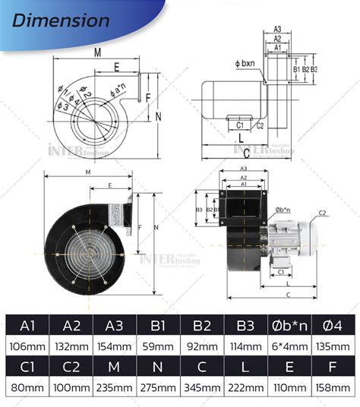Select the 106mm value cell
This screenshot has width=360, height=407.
(28, 346)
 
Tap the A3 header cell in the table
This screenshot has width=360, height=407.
(115, 326)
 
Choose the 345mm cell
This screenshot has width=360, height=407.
(202, 387)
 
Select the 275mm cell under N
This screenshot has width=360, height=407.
(158, 387)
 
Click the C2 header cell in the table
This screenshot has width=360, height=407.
(71, 367)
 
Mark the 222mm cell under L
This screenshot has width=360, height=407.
(245, 387)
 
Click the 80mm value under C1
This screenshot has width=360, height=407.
(28, 387)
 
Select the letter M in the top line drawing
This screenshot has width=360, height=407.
(98, 52)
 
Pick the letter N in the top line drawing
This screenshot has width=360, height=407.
(158, 116)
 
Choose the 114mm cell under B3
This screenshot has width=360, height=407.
(245, 346)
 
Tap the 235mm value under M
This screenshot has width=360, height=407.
(115, 387)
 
